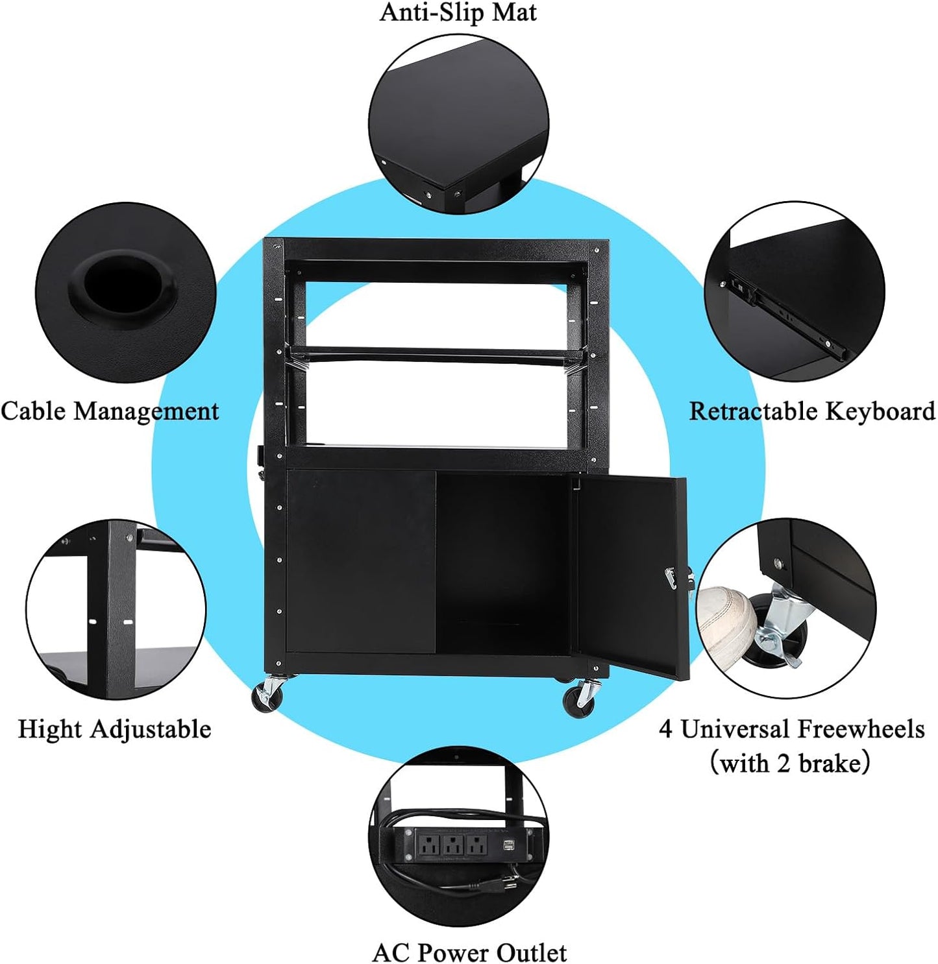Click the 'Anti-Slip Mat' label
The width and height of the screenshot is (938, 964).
point(458,13)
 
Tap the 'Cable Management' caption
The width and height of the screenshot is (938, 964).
point(110,411)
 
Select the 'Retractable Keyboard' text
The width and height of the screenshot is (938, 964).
point(811,411)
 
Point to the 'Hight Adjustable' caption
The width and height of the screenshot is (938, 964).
point(114,729)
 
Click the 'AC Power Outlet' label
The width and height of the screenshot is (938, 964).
point(469,952)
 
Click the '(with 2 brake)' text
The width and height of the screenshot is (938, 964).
point(789,763)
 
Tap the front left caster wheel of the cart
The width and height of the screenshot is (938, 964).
point(268,698)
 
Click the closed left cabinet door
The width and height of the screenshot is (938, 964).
point(361,561)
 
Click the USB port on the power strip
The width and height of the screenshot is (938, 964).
point(508,845)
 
